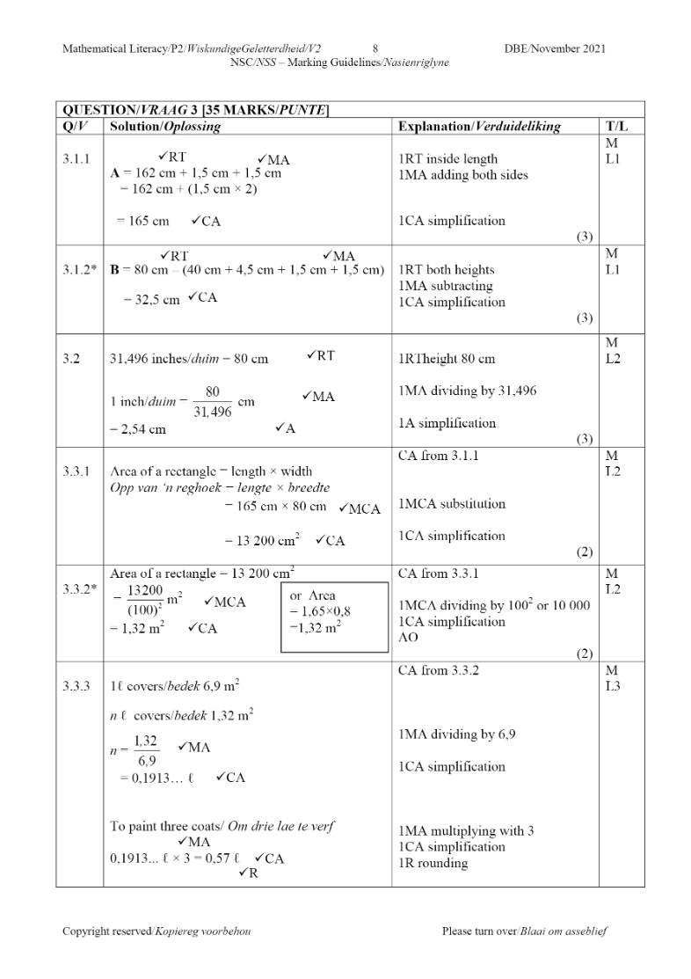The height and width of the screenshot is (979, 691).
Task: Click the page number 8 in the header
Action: [x=375, y=48]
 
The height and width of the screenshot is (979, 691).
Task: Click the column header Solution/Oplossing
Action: [x=164, y=127]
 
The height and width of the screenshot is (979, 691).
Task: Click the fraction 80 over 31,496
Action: [x=212, y=399]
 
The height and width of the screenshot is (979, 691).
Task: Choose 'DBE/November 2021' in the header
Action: [x=555, y=48]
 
